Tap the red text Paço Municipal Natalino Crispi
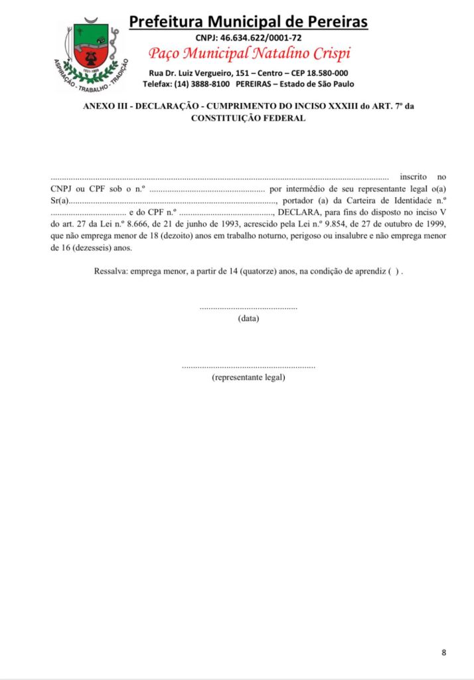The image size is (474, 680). pyautogui.click(x=250, y=53)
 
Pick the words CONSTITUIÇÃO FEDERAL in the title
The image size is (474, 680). pyautogui.click(x=248, y=118)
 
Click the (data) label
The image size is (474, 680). pyautogui.click(x=248, y=319)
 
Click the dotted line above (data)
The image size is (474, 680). pyautogui.click(x=248, y=308)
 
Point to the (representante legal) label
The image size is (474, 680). pyautogui.click(x=248, y=378)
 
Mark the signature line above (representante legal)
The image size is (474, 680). pyautogui.click(x=248, y=367)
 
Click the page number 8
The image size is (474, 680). pyautogui.click(x=443, y=652)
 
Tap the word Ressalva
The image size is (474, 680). pyautogui.click(x=111, y=272)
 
